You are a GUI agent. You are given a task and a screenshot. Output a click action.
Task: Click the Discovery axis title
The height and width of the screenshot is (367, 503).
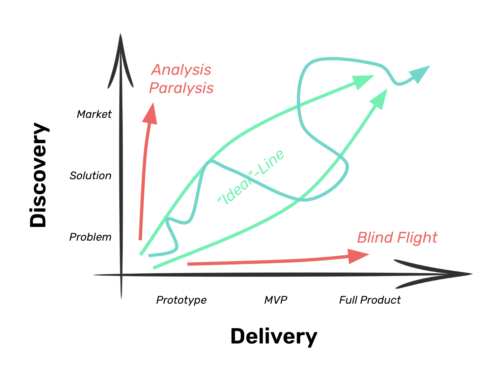pos(39,175)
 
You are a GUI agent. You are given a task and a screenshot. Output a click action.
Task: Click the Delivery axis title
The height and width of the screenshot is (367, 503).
pos(274,336)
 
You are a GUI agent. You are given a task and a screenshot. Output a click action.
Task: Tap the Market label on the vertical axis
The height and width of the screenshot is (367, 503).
pos(94,114)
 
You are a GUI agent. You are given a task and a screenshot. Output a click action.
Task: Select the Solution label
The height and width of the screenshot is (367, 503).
pos(90,176)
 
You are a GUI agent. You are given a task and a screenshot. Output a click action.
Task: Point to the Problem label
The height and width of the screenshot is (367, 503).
pos(90,237)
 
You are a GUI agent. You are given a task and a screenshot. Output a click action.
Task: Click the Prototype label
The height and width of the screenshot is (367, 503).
pos(181,300)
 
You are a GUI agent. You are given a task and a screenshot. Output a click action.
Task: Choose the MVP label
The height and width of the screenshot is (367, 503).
pos(276,300)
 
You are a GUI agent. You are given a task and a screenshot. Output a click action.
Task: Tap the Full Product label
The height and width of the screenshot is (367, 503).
pos(370,300)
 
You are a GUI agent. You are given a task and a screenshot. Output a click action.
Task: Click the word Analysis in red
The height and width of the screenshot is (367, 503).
pos(182,70)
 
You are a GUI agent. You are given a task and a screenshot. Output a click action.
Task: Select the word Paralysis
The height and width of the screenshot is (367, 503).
pos(181,88)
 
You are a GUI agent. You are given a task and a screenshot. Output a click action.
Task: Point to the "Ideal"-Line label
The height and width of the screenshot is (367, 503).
pos(251,177)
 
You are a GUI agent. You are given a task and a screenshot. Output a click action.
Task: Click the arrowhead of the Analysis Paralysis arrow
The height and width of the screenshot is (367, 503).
pos(151,114)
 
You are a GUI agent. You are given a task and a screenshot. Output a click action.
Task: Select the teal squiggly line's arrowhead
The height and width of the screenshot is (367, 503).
pos(420,73)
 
